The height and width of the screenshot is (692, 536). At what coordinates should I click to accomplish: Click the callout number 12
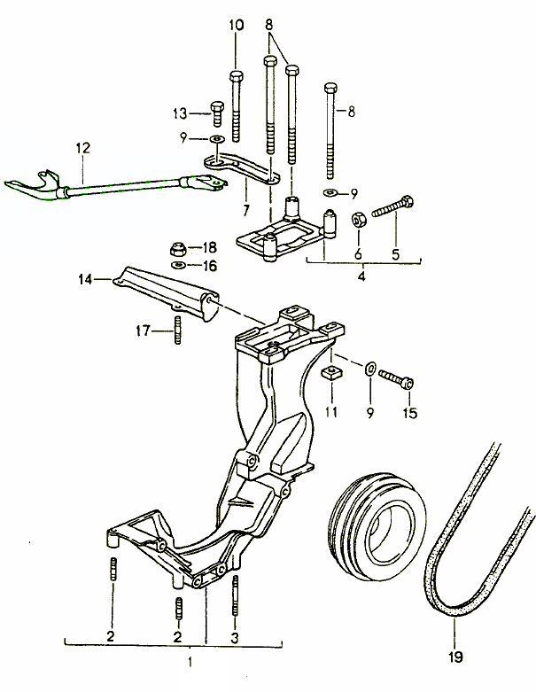(x=82, y=149)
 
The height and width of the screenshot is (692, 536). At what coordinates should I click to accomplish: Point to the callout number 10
(x=236, y=26)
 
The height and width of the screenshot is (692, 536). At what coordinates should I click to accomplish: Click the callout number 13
(x=180, y=113)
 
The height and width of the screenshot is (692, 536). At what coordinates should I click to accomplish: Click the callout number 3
(x=235, y=636)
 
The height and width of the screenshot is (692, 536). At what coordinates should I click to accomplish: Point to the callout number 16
(x=209, y=265)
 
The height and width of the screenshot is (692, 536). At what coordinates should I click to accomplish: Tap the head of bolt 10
(x=236, y=77)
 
